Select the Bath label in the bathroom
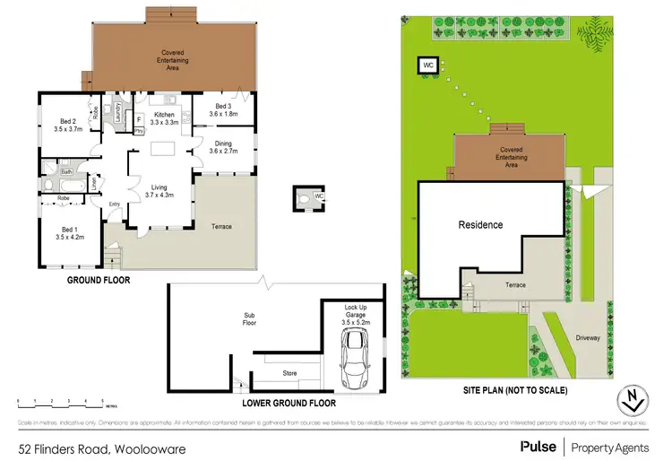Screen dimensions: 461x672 point(67,171)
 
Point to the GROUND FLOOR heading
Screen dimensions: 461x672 point(99,280)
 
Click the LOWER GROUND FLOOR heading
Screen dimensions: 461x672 point(289,403)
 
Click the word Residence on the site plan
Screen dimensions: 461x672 point(481,224)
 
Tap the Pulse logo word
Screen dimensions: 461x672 point(538,445)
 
